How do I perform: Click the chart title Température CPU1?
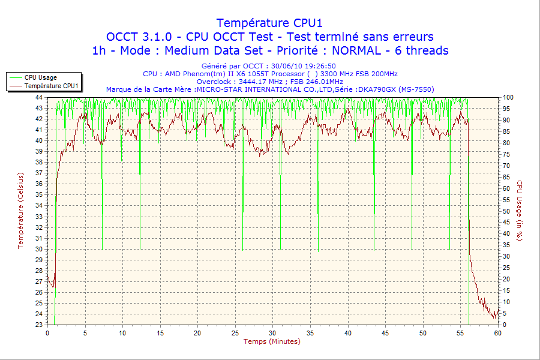click(x=270, y=23)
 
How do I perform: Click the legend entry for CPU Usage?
click(x=40, y=77)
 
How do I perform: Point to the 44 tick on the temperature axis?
click(x=39, y=97)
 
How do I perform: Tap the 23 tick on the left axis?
click(x=39, y=325)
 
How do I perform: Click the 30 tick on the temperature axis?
click(x=39, y=249)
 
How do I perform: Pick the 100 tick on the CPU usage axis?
click(x=508, y=97)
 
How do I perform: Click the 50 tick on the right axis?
click(x=506, y=211)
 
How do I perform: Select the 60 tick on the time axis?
click(x=498, y=332)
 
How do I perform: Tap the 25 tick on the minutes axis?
click(x=235, y=332)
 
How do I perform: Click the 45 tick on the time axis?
click(x=386, y=332)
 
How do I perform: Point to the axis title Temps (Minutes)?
click(x=271, y=341)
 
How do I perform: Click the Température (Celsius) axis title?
click(x=20, y=211)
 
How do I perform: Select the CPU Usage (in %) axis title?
click(x=520, y=211)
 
